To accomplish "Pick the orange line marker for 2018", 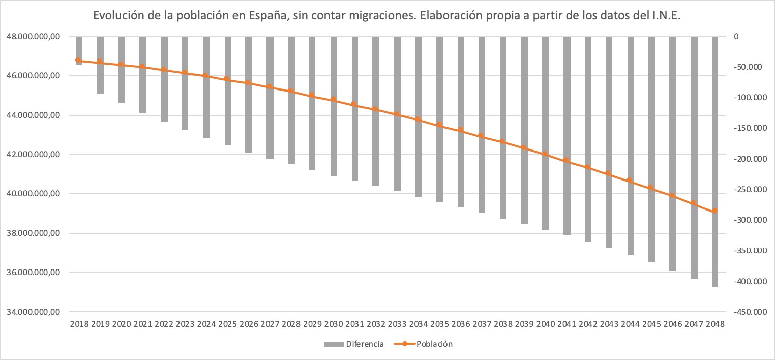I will pyautogui.click(x=79, y=61).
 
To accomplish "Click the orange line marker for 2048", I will pyautogui.click(x=715, y=211).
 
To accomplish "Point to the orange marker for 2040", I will pyautogui.click(x=545, y=154).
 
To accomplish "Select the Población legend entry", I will pyautogui.click(x=434, y=344).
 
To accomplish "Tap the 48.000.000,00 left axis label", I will pyautogui.click(x=33, y=37).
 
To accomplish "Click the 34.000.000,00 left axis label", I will pyautogui.click(x=33, y=312).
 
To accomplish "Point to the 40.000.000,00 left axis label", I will pyautogui.click(x=33, y=194).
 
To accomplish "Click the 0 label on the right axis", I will pyautogui.click(x=736, y=37).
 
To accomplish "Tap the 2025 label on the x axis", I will pyautogui.click(x=227, y=324).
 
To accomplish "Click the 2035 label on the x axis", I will pyautogui.click(x=439, y=324).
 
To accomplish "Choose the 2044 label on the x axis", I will pyautogui.click(x=630, y=324).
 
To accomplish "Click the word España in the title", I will pyautogui.click(x=266, y=17).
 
